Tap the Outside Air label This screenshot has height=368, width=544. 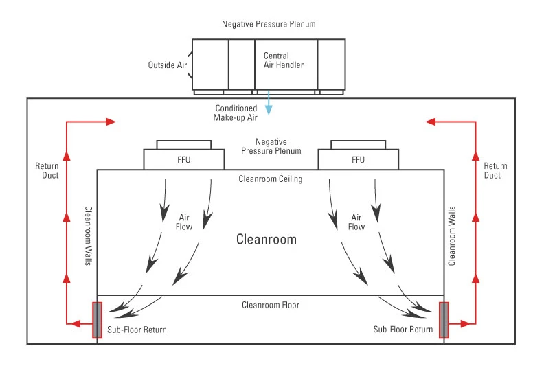click(168, 65)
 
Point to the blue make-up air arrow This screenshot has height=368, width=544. click(269, 103)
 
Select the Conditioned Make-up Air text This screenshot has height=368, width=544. click(236, 113)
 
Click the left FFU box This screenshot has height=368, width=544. click(184, 159)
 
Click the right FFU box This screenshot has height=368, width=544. click(358, 159)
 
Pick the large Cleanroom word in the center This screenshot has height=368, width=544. click(267, 239)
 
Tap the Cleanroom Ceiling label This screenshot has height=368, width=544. click(270, 179)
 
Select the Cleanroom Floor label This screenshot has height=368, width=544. click(270, 305)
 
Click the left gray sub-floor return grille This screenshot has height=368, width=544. click(97, 320)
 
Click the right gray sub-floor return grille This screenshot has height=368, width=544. click(444, 320)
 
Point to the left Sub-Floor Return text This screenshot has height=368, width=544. click(137, 330)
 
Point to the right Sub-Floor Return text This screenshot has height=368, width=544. click(403, 330)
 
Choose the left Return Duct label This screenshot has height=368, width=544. click(47, 170)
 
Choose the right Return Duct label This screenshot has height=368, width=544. click(495, 170)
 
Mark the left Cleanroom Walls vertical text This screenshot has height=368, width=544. click(89, 235)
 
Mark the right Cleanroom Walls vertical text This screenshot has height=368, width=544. click(452, 235)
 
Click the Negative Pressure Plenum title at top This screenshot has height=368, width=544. click(269, 24)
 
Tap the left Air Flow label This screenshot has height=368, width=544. click(184, 222)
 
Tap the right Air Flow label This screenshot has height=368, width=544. click(356, 222)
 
